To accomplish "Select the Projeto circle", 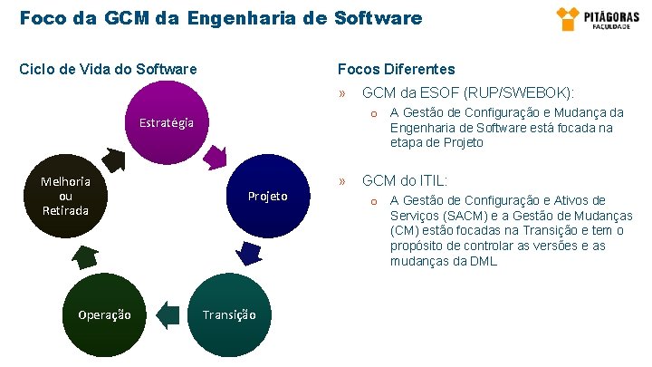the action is [268, 196].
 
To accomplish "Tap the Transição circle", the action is [228, 314].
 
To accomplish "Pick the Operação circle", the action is [104, 314].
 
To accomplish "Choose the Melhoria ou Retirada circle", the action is [65, 196].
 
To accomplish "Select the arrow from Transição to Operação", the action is [167, 314].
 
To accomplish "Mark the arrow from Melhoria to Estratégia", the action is [112, 159].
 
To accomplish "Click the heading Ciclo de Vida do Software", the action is [109, 69].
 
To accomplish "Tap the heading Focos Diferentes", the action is [396, 69].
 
